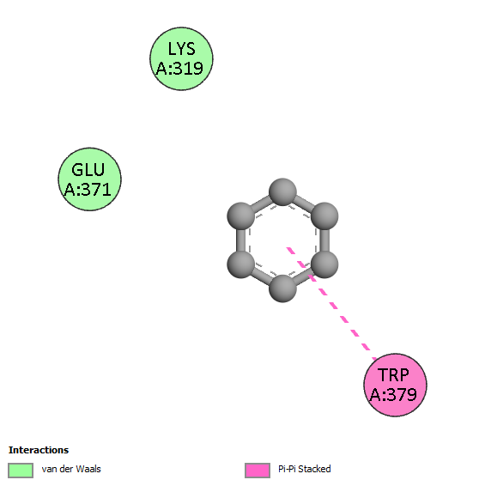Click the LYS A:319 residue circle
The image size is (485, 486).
pos(181,58)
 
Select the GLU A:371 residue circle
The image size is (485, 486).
pos(89,179)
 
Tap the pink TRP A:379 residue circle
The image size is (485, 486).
pos(395,385)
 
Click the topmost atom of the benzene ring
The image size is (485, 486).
pos(282,191)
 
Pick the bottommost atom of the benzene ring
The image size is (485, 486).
pos(282,289)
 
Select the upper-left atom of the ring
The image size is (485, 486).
pos(241,216)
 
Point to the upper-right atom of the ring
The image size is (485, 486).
pos(324,216)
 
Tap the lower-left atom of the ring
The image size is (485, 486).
pos(241,264)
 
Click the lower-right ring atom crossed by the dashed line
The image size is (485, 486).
pos(324,264)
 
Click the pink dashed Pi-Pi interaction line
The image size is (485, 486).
pos(331,303)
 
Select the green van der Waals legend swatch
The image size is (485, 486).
pos(21,471)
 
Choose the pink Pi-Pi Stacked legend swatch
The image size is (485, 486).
pos(258,471)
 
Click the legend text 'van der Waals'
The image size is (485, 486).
pos(71,469)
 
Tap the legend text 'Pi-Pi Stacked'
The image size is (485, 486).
pos(305,469)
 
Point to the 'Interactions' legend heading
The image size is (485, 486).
pos(39,450)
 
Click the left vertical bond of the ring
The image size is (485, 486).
pos(241,240)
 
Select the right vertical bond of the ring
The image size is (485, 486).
pos(324,240)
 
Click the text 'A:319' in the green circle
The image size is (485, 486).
pos(179,69)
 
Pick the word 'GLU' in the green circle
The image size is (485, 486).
pos(88,170)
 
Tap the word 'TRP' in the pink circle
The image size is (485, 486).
pos(393,375)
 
